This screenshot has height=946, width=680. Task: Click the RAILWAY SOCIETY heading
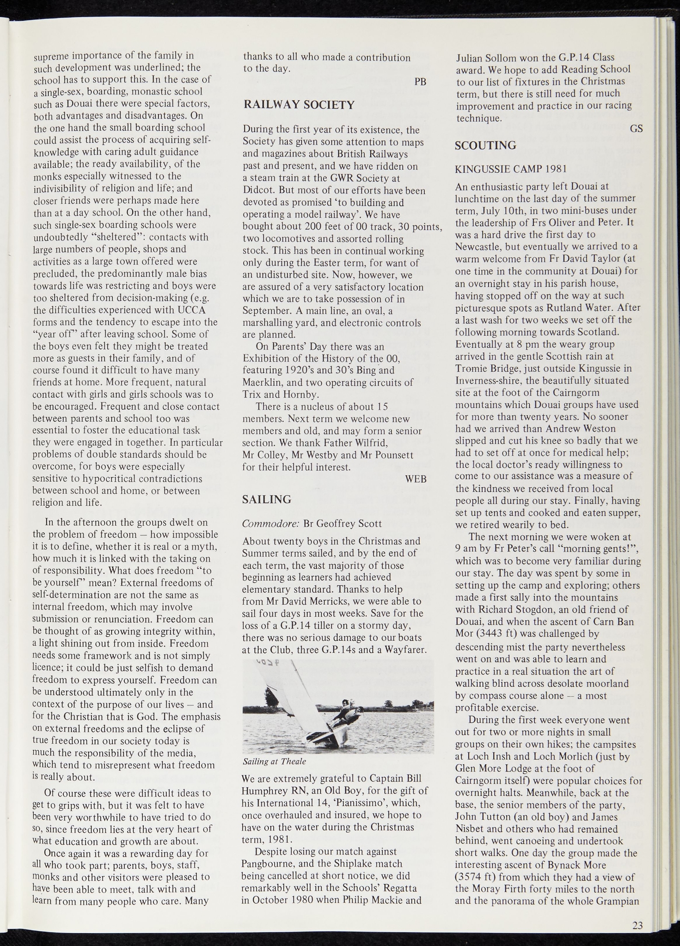(x=299, y=105)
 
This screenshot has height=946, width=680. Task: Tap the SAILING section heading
(x=267, y=499)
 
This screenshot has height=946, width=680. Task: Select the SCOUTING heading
(x=485, y=146)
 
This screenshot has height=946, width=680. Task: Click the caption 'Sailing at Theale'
(x=274, y=761)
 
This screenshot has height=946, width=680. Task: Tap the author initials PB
(x=420, y=82)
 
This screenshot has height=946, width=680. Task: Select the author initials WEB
(x=416, y=479)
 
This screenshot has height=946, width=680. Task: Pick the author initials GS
(x=636, y=129)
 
